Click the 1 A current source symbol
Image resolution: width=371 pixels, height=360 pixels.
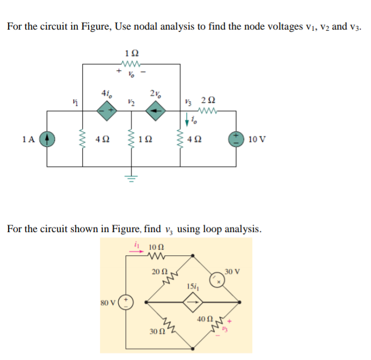[48, 138]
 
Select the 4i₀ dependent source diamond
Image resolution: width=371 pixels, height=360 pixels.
[106, 112]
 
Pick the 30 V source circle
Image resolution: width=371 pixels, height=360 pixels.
[216, 280]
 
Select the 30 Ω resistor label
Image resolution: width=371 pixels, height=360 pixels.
[156, 331]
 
